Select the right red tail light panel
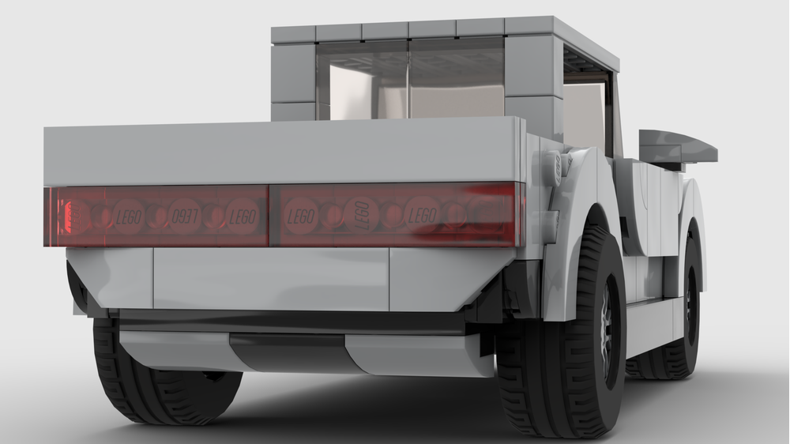point(395,215)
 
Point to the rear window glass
point(411,79)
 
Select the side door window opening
point(586,111)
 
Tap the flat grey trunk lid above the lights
point(284,152)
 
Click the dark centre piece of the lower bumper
point(288,352)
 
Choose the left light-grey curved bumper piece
point(174,348)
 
